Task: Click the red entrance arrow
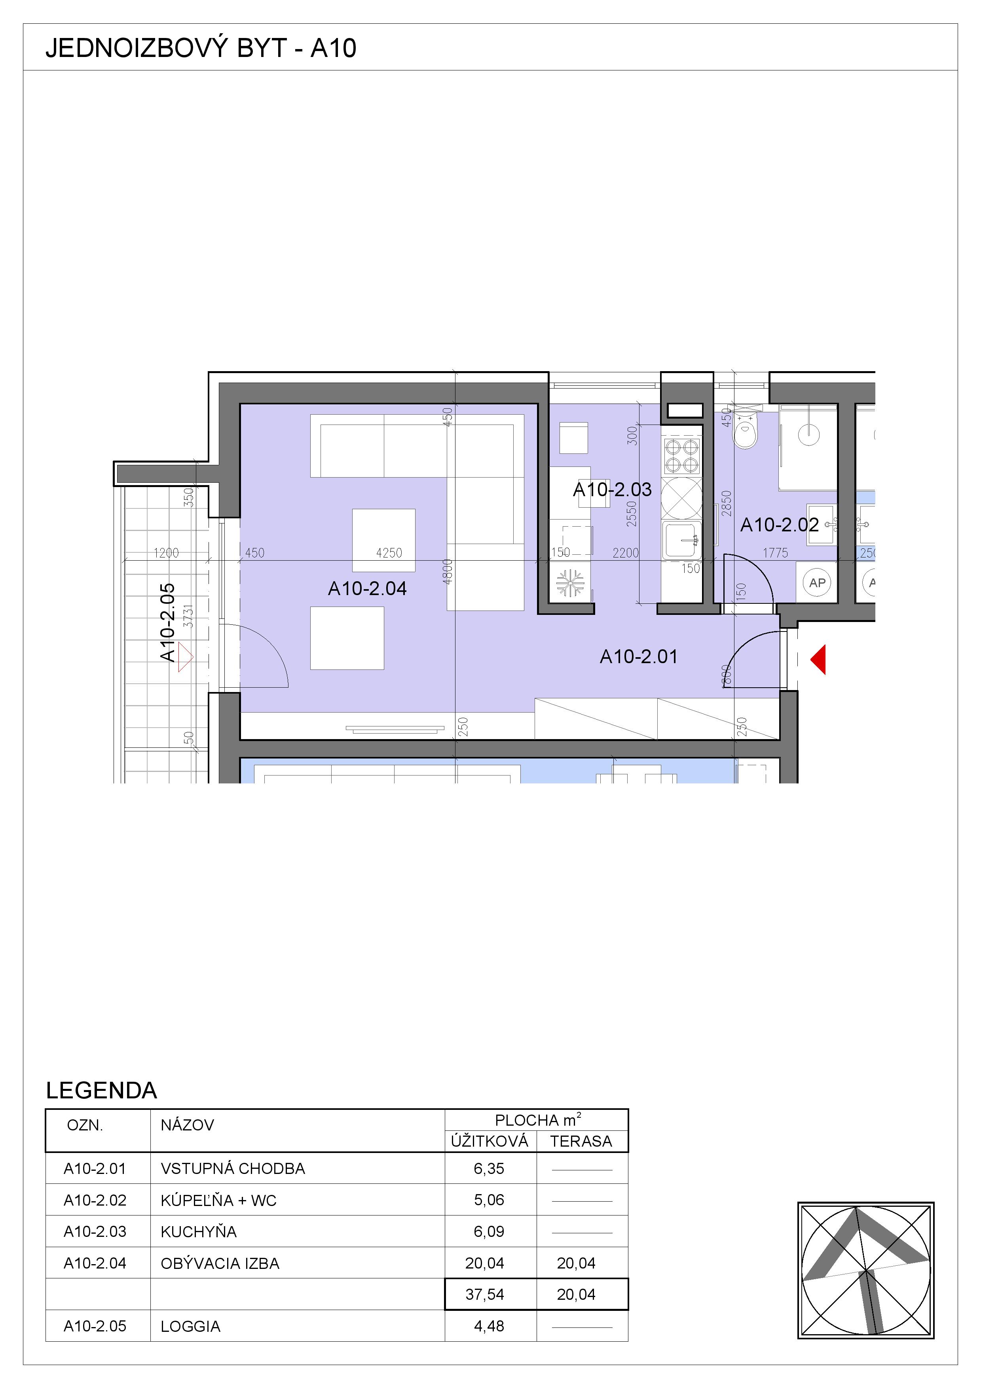[818, 660]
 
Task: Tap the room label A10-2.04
[368, 588]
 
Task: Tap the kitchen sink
[682, 540]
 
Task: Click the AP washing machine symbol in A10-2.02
[817, 583]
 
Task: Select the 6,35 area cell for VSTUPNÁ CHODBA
[489, 1168]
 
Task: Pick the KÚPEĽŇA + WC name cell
[218, 1200]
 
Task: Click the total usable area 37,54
[485, 1294]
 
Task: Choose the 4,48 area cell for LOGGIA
[489, 1326]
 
